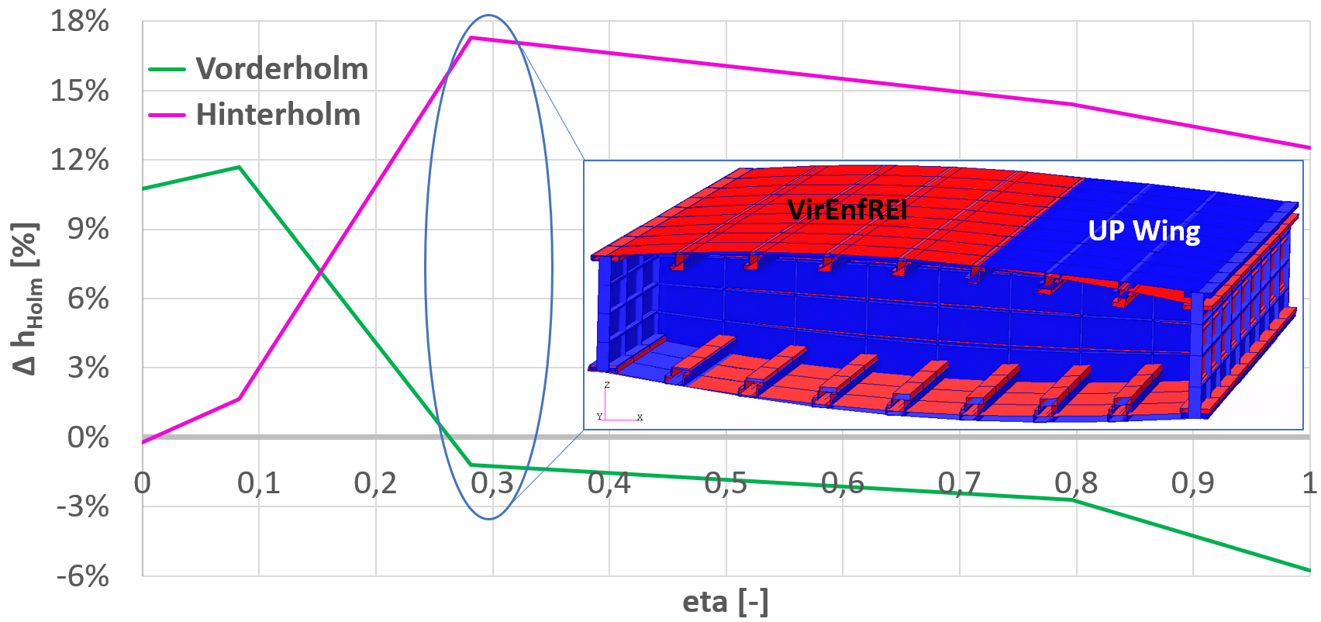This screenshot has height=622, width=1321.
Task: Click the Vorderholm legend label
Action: point(281,69)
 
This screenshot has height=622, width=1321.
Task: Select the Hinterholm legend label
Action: point(278,115)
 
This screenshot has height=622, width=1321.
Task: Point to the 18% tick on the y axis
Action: point(80,22)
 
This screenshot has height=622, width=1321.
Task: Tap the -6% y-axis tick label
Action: point(82,575)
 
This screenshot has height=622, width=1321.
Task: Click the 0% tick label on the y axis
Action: point(88,437)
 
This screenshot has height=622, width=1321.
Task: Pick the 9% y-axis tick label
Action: point(88,230)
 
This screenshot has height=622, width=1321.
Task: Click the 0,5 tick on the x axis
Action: point(726,483)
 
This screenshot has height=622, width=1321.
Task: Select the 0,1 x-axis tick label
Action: point(259,483)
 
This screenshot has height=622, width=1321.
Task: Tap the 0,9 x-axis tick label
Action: point(1192,483)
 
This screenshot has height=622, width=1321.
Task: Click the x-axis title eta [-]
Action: point(726,602)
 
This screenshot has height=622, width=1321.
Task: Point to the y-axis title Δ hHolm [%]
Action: point(26,299)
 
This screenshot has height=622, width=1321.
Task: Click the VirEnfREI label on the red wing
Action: point(847,210)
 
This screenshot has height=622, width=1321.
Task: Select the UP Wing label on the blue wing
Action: point(1143,231)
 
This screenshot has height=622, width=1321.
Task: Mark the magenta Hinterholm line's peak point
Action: point(471,37)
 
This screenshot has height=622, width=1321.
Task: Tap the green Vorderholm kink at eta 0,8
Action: point(1074,499)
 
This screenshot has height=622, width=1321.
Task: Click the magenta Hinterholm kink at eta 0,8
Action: point(1074,104)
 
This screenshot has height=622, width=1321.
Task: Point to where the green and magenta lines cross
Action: point(319,270)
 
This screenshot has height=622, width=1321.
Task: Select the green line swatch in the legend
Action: point(167,69)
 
